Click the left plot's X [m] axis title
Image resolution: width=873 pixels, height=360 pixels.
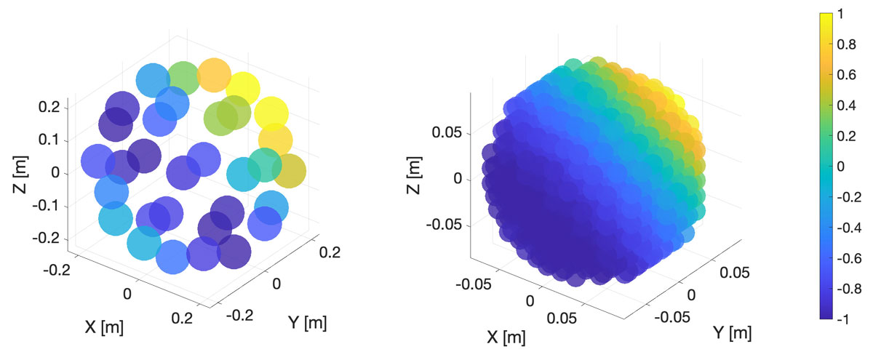pos(104,327)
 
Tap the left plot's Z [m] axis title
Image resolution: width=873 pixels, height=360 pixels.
pos(20,173)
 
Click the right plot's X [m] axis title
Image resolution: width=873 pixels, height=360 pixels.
pos(505,337)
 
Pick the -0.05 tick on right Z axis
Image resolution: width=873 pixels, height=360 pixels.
pos(445,225)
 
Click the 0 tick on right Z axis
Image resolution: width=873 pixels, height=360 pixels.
pos(458,179)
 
